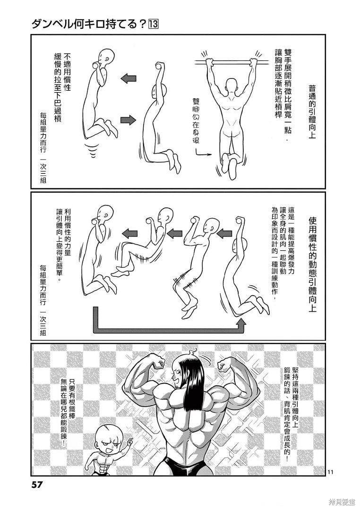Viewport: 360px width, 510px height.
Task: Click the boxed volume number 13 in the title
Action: [154, 25]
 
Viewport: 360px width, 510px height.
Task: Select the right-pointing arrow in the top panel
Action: [128, 119]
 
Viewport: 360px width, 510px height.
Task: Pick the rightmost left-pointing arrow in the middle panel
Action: [224, 233]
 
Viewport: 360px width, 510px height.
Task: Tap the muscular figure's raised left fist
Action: [158, 363]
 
